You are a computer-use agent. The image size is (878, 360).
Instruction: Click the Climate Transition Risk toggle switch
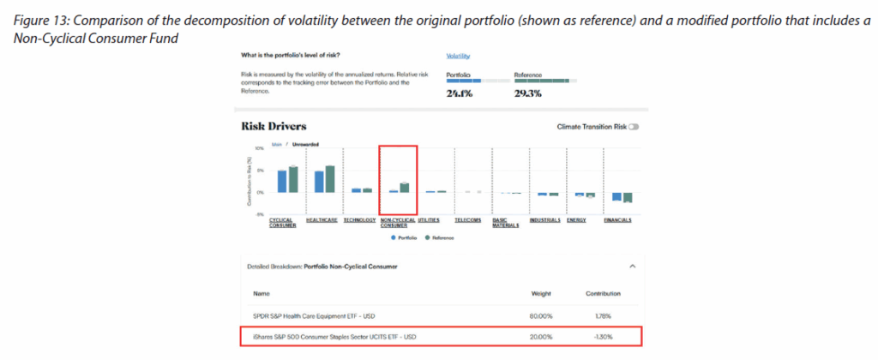click(634, 126)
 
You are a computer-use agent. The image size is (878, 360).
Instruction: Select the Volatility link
click(459, 56)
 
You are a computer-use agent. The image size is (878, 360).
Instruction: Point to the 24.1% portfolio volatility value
click(459, 94)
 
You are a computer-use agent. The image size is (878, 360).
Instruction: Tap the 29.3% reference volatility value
click(527, 94)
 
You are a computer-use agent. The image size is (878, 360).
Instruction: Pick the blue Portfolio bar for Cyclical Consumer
click(281, 181)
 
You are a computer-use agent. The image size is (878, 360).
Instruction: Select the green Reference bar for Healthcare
click(330, 179)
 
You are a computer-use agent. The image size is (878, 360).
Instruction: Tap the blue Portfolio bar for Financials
click(616, 196)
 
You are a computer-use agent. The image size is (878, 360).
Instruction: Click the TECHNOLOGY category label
click(359, 219)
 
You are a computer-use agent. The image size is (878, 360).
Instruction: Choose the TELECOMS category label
click(467, 219)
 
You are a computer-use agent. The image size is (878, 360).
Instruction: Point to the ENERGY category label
click(576, 219)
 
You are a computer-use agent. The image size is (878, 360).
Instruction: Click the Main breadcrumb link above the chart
click(276, 144)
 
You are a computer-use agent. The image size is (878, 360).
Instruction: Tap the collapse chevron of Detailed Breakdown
click(632, 266)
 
